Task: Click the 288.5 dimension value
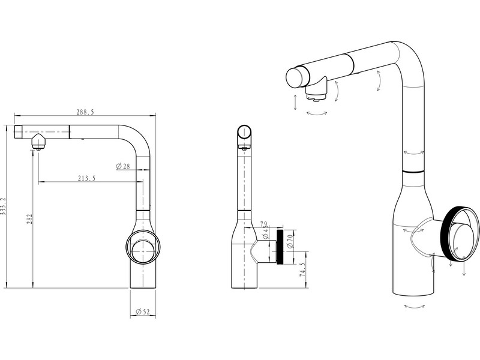click(85, 112)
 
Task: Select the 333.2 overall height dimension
click(5, 206)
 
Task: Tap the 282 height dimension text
click(29, 220)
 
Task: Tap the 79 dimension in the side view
click(265, 226)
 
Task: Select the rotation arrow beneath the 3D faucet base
click(415, 306)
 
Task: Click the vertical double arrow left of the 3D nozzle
click(295, 102)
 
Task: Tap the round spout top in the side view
click(245, 133)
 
